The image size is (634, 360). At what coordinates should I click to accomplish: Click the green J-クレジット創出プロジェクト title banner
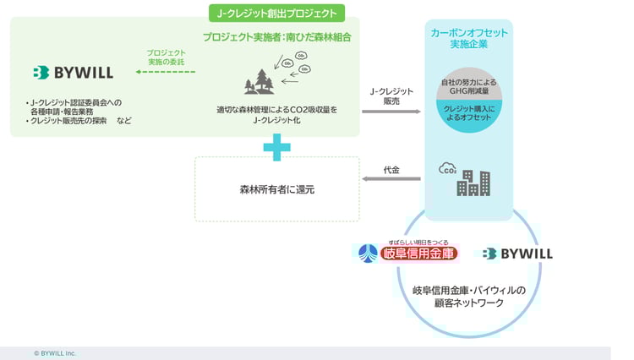[276, 13]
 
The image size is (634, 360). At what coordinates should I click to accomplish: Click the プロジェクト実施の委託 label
[166, 56]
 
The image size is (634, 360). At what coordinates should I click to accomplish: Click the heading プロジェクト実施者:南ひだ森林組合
[276, 37]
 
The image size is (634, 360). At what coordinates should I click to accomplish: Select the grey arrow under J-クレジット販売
[391, 111]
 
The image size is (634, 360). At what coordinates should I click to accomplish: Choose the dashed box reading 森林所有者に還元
[276, 189]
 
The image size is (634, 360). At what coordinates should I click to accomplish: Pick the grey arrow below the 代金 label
[391, 178]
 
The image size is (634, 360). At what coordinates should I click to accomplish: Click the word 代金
[391, 168]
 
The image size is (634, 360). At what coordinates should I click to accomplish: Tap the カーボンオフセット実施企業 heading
[469, 38]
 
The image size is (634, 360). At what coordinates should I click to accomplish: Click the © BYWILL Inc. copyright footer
[55, 352]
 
